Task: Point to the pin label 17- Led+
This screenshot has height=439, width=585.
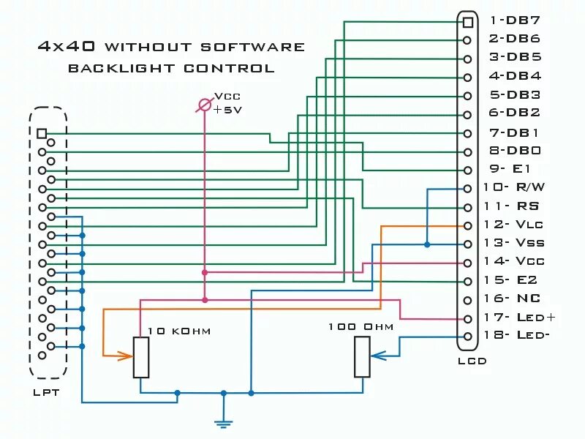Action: (520, 318)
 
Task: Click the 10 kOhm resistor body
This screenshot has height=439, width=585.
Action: (141, 357)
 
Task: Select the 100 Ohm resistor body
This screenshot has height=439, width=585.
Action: (362, 357)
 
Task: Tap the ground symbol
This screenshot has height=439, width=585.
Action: (224, 421)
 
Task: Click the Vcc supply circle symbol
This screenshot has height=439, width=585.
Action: (205, 107)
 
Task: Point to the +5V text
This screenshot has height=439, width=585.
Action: (227, 109)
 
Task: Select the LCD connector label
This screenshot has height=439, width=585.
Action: (472, 361)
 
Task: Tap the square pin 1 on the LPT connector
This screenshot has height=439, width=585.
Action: (42, 133)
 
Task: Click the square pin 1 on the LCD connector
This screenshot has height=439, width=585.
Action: (467, 22)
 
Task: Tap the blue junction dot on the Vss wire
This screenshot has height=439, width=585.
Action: (427, 244)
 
